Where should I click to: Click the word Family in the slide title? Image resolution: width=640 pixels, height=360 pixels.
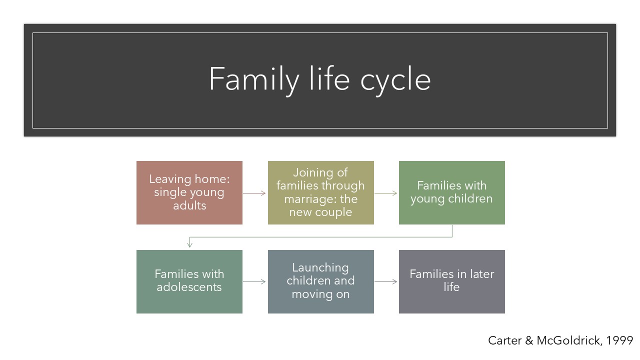tap(254, 79)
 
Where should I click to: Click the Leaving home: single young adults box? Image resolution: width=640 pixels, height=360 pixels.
tap(189, 192)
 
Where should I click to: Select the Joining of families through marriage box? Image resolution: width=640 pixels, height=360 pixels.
tap(321, 192)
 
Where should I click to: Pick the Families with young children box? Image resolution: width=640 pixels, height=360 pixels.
tap(452, 192)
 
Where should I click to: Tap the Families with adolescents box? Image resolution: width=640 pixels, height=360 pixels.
tap(189, 281)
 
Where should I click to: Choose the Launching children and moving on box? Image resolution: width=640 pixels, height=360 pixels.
tap(321, 281)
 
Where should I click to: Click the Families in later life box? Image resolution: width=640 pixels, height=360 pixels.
tap(452, 281)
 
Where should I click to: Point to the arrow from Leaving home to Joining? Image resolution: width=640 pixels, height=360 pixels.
tap(254, 193)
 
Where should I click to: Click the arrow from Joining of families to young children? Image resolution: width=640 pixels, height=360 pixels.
tap(385, 193)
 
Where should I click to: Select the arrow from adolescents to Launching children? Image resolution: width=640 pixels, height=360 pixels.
tap(254, 281)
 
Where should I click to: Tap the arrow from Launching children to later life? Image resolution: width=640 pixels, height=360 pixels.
tap(385, 281)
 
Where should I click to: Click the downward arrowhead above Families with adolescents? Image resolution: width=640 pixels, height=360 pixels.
tap(189, 244)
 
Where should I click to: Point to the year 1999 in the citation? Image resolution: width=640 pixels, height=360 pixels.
tap(619, 340)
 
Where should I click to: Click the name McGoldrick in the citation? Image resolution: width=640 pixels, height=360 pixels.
tap(569, 340)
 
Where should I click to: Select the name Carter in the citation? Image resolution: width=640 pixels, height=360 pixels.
tap(505, 340)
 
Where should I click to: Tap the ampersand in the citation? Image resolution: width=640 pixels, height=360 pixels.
tap(529, 340)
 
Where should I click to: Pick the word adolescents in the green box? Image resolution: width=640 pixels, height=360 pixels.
tap(189, 287)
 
